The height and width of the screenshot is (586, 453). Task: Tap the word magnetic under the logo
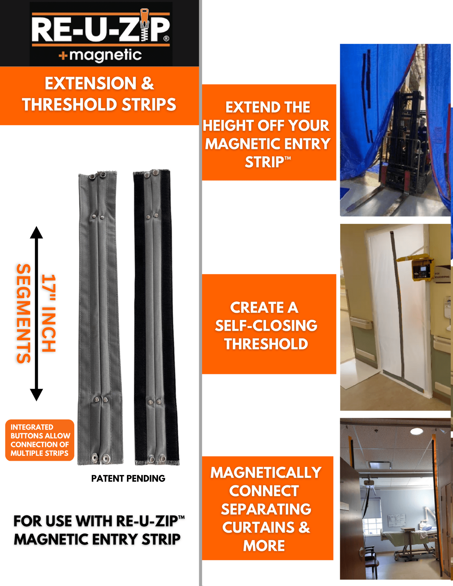106,55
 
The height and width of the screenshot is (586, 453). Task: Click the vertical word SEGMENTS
23,314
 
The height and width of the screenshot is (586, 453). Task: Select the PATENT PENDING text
128,478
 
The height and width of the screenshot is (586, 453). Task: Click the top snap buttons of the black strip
152,173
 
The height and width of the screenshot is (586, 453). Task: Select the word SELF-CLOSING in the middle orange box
266,326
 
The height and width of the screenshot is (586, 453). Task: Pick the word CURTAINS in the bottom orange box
258,527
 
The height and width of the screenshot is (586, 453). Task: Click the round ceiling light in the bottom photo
416,431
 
